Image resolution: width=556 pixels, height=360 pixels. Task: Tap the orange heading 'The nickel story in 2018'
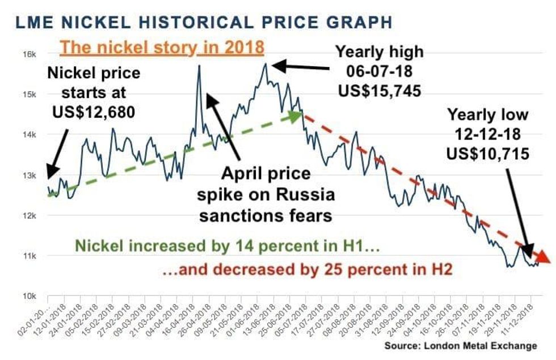click(162, 47)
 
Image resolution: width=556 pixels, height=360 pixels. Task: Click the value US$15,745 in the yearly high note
click(379, 90)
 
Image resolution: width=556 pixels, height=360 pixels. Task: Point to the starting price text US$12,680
click(94, 112)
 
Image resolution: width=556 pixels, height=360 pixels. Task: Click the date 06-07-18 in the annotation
click(379, 71)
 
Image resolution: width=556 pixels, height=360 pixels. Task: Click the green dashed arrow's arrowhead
click(295, 116)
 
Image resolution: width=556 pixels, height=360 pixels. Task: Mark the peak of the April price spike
click(199, 66)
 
